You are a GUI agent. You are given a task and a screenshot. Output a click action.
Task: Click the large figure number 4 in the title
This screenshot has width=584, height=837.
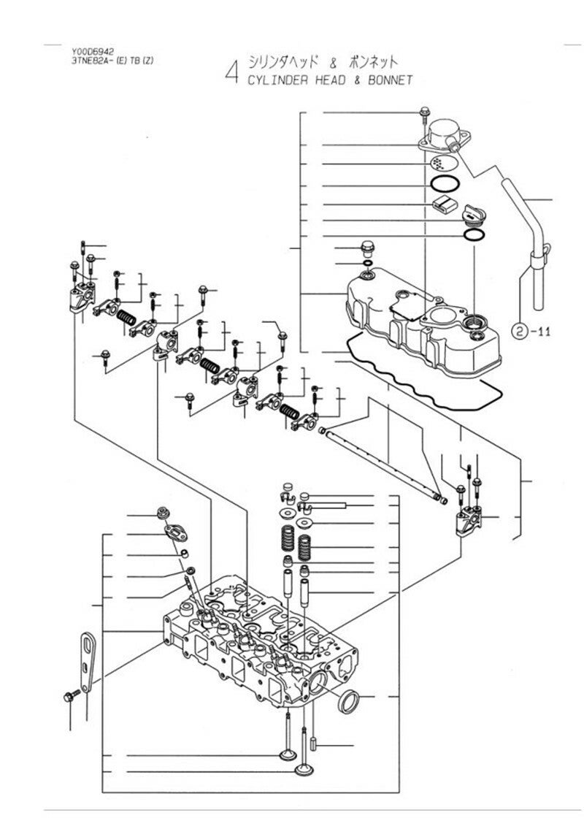tap(231, 72)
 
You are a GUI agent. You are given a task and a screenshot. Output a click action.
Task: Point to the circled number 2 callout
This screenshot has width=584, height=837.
tap(520, 332)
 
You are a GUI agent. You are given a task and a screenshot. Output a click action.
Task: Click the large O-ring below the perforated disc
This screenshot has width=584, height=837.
tap(445, 184)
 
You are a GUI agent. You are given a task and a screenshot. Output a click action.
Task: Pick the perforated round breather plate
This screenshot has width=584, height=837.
tap(443, 162)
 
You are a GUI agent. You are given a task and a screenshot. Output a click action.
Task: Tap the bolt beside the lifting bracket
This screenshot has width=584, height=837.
tap(72, 695)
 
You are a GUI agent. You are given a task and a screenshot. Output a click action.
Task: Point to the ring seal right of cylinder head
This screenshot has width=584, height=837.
tap(350, 701)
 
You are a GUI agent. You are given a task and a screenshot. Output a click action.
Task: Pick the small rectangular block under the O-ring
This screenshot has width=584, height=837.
tap(442, 205)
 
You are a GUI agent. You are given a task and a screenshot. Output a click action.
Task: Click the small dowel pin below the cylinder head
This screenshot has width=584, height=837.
tap(313, 743)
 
